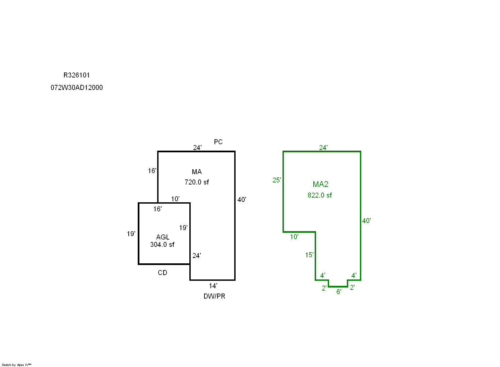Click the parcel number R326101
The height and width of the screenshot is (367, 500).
(77, 75)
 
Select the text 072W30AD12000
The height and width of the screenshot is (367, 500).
(77, 88)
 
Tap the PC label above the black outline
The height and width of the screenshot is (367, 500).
(218, 142)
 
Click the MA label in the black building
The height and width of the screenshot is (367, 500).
(197, 172)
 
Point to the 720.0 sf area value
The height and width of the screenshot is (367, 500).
(197, 182)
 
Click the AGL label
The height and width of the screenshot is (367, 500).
(163, 237)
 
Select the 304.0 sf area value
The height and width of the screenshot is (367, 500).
(162, 245)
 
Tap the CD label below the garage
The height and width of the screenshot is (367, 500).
(163, 273)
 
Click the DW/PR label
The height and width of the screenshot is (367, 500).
(214, 296)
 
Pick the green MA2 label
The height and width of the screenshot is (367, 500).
(320, 184)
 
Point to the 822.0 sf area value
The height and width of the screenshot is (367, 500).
(320, 195)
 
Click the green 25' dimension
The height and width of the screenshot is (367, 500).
(277, 180)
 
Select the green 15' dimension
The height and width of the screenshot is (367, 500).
(309, 255)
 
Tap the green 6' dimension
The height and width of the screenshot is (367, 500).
(339, 292)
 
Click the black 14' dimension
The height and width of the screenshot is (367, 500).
(213, 286)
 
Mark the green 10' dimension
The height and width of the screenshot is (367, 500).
(294, 237)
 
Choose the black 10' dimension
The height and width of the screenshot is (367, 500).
(175, 199)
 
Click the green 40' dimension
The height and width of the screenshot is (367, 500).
(366, 221)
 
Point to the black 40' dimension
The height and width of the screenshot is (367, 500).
(242, 200)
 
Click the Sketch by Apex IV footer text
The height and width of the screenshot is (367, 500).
(16, 365)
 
